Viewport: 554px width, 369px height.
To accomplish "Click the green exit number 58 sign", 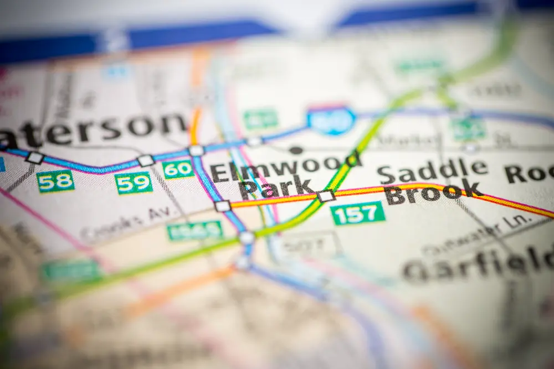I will [x=55, y=181].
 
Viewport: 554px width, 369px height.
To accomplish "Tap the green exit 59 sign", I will [x=134, y=183].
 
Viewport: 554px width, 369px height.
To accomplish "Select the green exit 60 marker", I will [x=178, y=169].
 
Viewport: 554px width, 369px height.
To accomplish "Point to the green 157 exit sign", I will [x=358, y=213].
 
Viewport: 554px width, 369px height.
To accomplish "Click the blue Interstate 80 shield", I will [x=331, y=120].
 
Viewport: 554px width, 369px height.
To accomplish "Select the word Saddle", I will [x=432, y=170].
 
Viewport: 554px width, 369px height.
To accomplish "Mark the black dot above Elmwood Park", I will [x=296, y=150].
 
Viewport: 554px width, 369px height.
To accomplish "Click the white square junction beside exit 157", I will [x=326, y=196].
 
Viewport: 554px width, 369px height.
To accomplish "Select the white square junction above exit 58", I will [x=35, y=158].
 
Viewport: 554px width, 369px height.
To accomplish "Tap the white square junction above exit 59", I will [x=146, y=160].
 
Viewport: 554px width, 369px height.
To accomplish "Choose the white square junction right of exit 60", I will [x=196, y=150].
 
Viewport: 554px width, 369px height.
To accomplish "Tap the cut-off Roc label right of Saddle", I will [x=529, y=173].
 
